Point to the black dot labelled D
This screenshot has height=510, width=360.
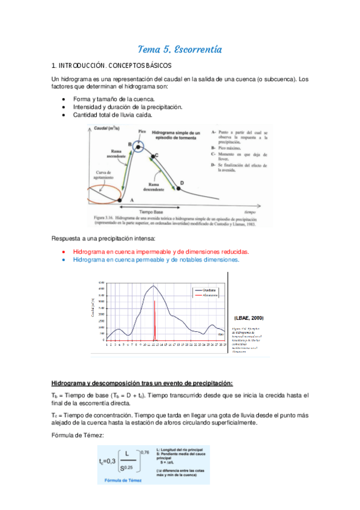coord(177,187)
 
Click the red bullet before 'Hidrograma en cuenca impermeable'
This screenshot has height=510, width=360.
coord(64,251)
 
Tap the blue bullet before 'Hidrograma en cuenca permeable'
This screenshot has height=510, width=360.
coord(64,260)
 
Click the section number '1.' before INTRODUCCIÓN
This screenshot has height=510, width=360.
coord(53,65)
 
